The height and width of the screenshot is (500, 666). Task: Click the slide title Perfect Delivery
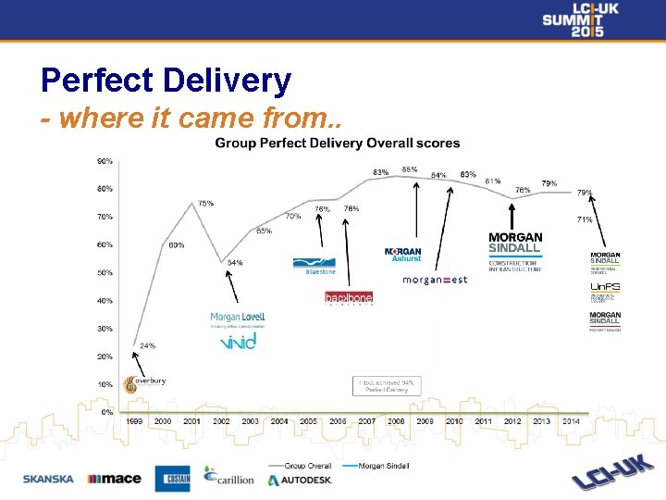tap(166, 81)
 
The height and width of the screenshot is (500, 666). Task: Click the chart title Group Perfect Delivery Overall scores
tap(338, 144)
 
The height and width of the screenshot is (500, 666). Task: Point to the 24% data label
tap(147, 345)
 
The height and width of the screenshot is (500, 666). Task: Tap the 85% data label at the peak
tap(409, 169)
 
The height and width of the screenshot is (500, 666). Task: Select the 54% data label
tap(235, 263)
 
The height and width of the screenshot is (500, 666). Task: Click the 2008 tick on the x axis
tap(396, 421)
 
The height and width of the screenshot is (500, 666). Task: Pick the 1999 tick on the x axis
tap(134, 421)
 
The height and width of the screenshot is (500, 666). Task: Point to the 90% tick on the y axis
tap(105, 161)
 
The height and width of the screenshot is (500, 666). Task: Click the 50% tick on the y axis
tap(105, 273)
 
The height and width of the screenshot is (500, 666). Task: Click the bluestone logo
tap(314, 266)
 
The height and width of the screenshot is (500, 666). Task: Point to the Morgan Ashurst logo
tap(402, 255)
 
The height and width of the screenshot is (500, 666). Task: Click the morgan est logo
tap(435, 281)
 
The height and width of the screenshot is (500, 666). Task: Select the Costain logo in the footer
tap(172, 479)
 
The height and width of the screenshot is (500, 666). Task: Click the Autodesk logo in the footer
tap(300, 481)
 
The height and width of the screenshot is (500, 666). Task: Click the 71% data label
tap(585, 219)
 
